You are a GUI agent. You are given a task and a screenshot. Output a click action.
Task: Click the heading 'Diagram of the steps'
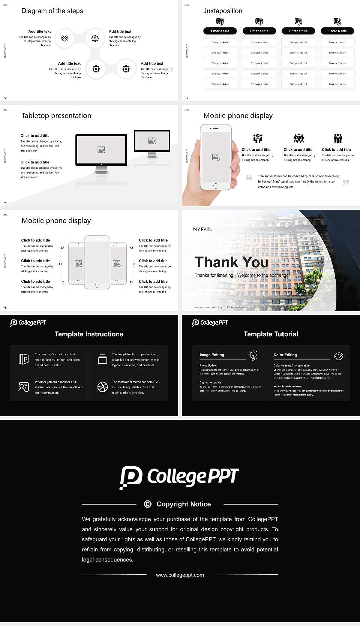[52, 11]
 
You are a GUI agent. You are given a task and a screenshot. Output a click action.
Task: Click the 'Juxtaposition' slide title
[222, 11]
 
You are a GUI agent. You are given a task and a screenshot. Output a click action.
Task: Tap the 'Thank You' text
[231, 262]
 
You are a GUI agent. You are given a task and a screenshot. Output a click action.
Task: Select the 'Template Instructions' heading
[89, 334]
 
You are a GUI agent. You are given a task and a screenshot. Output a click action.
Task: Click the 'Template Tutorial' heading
[271, 334]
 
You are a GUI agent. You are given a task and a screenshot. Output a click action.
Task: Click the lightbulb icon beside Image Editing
[253, 355]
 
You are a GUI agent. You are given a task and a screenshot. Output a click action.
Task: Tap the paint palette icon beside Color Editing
[338, 356]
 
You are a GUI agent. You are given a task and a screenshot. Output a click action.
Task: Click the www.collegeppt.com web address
[180, 575]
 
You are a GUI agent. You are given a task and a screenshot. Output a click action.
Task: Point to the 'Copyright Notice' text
[183, 504]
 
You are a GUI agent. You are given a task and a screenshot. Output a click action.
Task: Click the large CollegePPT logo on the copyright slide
[179, 477]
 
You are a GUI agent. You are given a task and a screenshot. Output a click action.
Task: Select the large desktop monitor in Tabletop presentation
[101, 150]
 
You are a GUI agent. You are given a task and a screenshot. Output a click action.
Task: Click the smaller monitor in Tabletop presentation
[152, 141]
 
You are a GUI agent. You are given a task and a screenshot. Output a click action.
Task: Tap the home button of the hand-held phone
[215, 186]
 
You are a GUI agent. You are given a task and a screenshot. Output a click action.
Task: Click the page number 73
[187, 98]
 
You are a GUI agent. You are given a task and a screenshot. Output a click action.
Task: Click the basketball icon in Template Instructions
[102, 387]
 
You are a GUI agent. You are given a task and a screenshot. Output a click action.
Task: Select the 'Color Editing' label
[285, 355]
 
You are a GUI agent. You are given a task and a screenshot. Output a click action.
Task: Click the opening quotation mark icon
[249, 177]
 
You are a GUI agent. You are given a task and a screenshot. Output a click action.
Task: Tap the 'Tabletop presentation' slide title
[56, 116]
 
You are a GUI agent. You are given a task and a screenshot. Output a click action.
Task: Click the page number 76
[5, 308]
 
